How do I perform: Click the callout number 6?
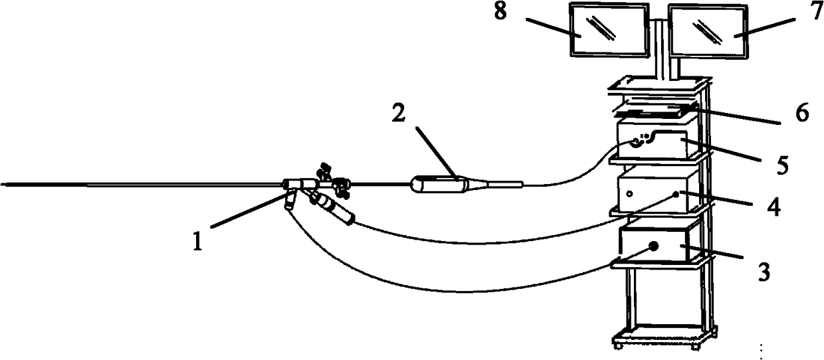tap(801, 115)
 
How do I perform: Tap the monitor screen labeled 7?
tap(708, 32)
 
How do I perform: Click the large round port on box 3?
tap(653, 246)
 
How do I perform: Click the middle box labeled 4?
tap(658, 191)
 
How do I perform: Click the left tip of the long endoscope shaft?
tap(4, 185)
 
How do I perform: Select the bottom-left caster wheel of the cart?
tap(618, 345)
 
